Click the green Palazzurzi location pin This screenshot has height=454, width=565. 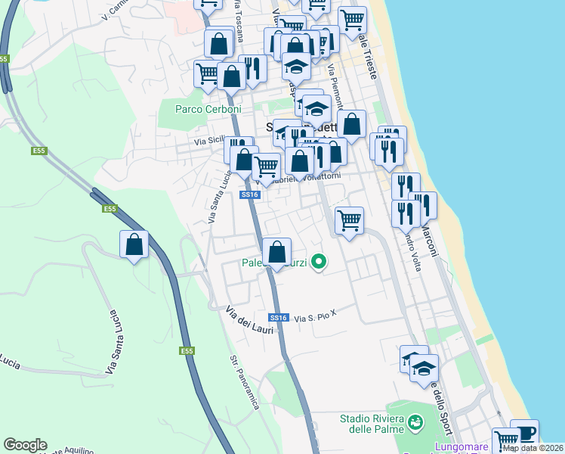(319, 262)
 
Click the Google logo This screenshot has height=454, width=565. (25, 445)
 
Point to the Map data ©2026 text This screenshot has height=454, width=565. (532, 448)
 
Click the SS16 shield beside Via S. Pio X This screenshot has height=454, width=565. (279, 318)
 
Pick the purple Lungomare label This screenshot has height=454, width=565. (462, 446)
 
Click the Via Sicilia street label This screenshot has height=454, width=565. (209, 140)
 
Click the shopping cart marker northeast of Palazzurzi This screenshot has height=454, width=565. (349, 221)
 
